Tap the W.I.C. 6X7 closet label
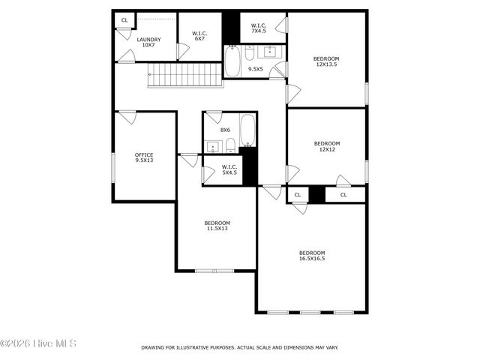199,36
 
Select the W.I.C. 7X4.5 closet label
259,28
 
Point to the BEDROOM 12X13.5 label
326,61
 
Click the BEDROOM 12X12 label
326,146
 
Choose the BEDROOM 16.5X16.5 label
312,255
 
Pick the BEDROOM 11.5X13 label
217,226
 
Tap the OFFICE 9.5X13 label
144,157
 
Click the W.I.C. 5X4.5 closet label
229,169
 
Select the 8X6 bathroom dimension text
225,130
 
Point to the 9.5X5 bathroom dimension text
256,69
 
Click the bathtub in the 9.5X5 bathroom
232,61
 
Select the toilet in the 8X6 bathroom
232,144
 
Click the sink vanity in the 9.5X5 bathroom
268,52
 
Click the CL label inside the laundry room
124,19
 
